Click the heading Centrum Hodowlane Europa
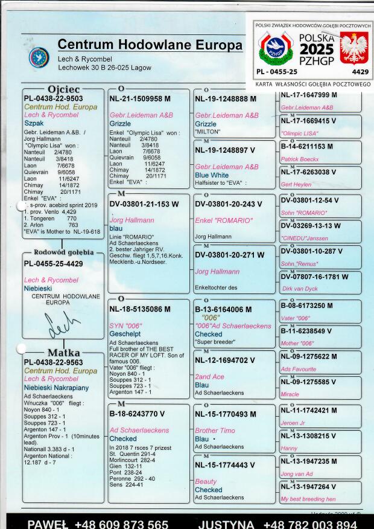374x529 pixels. (150, 45)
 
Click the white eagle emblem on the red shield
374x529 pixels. (355, 49)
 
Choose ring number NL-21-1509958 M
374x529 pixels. (140, 98)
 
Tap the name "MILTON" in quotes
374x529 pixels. (208, 131)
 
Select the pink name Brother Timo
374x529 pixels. (215, 431)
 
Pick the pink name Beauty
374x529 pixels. (206, 481)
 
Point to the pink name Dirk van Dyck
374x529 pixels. (299, 289)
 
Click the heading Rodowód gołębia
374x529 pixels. (64, 252)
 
